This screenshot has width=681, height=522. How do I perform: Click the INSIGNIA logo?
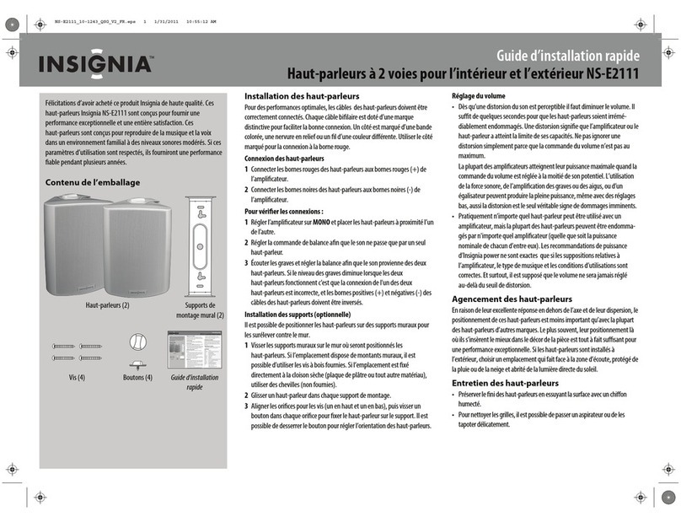coord(94,65)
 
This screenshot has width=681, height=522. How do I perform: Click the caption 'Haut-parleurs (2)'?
coord(107,305)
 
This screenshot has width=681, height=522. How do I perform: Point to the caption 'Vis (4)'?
coord(77,377)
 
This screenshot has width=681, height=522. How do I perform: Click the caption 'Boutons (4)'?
coord(137,377)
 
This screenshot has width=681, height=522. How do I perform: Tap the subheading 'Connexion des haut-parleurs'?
coord(283,159)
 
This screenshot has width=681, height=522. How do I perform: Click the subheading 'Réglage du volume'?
coord(479,96)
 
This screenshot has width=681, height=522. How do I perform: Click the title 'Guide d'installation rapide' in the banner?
coord(566,57)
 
